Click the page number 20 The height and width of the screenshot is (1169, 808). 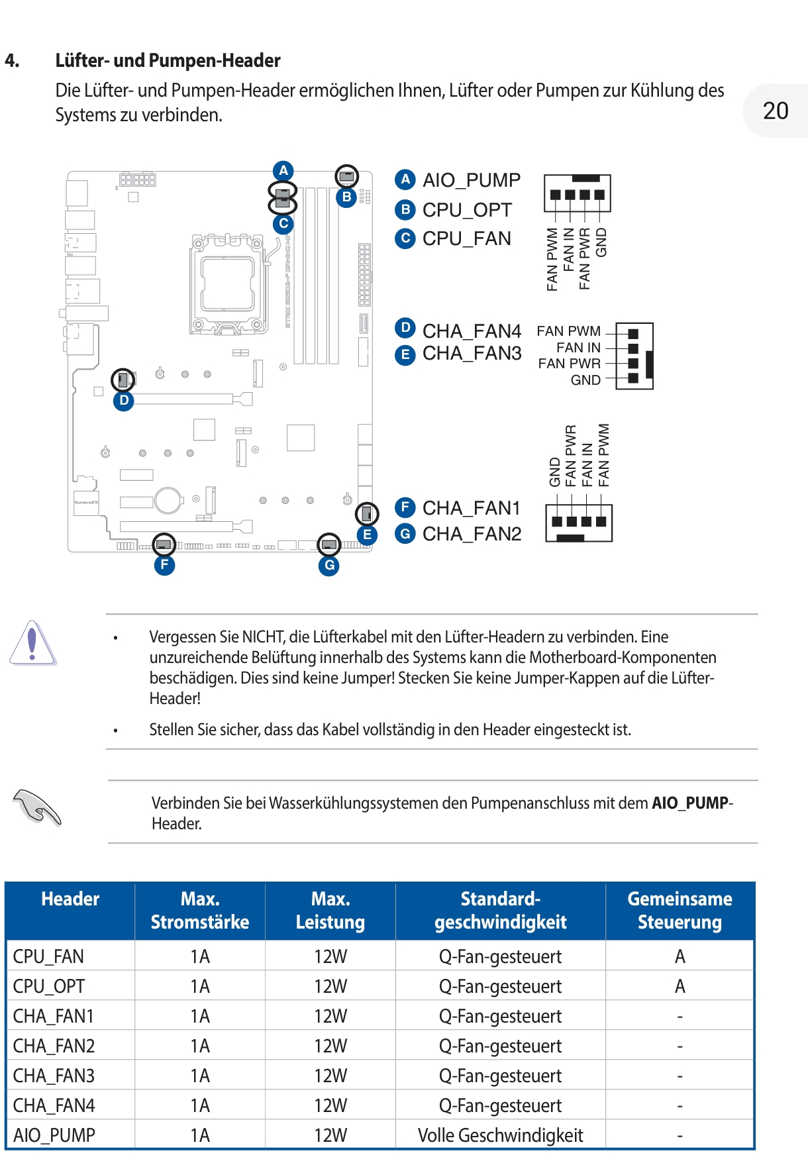point(776,111)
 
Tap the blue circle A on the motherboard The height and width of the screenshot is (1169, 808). point(283,170)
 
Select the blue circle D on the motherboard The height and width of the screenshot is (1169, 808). point(124,401)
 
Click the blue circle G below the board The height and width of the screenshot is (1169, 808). point(329,566)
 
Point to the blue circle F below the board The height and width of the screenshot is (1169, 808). point(164,565)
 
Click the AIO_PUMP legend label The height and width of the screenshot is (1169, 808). point(471,180)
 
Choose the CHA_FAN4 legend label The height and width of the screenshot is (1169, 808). point(472,330)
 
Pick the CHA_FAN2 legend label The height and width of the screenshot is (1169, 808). point(472,534)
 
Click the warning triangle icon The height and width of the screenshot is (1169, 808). point(32,643)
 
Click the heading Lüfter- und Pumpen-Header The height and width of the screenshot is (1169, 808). point(168,61)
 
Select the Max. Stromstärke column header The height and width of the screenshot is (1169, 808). point(200,911)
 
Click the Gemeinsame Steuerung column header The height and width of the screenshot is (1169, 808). point(680,911)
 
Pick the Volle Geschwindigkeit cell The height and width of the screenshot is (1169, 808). point(500,1135)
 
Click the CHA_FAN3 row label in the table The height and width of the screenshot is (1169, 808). point(54,1076)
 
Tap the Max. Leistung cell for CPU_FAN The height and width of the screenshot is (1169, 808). point(330,956)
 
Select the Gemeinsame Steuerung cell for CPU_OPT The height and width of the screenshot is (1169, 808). point(680,986)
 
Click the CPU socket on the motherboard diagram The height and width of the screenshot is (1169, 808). point(228,283)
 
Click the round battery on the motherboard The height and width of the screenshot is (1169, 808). point(169,501)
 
